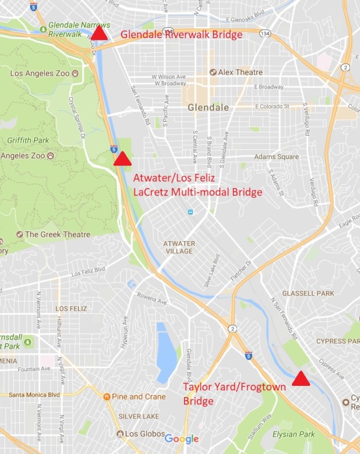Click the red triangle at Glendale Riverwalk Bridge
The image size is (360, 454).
point(99,34)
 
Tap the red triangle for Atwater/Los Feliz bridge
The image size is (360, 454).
point(122,159)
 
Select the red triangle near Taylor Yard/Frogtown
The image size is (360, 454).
point(301,378)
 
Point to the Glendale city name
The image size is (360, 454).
point(208,107)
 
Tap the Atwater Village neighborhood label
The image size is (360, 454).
point(179,247)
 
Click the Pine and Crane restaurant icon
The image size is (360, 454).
point(106,396)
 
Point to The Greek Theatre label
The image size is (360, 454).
point(57,235)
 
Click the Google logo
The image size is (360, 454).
point(181,439)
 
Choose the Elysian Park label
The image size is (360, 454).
point(294,434)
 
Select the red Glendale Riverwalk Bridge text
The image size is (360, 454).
point(182,35)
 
